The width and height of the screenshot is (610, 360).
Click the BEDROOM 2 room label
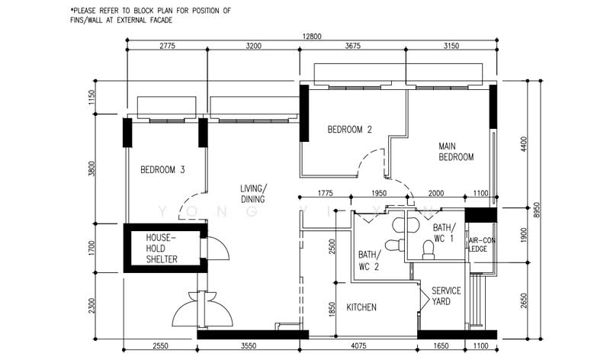click(x=349, y=130)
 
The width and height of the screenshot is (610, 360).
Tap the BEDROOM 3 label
click(x=162, y=170)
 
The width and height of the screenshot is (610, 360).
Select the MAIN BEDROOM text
click(x=456, y=151)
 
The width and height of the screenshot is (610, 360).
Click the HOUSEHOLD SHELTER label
click(x=162, y=249)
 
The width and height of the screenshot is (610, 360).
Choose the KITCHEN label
click(x=361, y=307)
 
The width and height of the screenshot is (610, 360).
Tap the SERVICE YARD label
click(x=445, y=296)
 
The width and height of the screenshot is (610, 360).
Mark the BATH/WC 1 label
click(x=444, y=233)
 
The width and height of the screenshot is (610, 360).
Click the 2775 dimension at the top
click(x=168, y=47)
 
